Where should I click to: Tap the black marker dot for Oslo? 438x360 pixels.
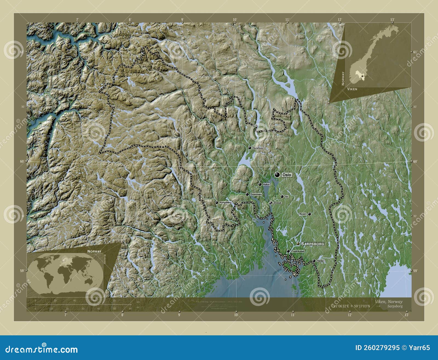[x=278, y=175]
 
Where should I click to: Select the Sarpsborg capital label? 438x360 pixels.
[x=312, y=244]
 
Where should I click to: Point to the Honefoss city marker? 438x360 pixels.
[x=250, y=148]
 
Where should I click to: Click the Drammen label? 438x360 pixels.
[x=256, y=194]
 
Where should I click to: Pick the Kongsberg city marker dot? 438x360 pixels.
[x=217, y=203]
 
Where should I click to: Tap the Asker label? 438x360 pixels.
[x=266, y=185]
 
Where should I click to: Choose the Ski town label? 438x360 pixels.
[x=287, y=197]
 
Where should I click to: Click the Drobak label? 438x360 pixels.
[x=277, y=203]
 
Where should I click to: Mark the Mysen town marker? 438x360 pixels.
[x=309, y=214]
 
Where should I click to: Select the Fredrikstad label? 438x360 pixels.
[x=298, y=251]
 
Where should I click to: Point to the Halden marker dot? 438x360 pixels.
[x=314, y=261]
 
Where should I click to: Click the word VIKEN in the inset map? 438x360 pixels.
[x=352, y=89]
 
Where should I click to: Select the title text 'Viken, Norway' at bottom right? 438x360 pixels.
[x=388, y=302]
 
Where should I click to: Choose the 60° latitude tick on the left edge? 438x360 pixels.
[x=22, y=161]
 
